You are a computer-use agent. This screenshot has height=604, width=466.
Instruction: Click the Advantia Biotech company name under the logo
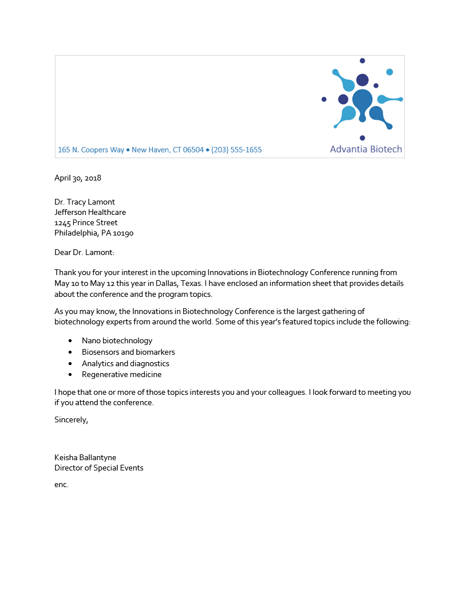(366, 149)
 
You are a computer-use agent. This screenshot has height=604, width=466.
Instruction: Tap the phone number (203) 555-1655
(236, 150)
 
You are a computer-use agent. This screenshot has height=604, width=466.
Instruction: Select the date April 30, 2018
(78, 178)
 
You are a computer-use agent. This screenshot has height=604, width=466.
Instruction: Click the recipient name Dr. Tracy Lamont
(85, 202)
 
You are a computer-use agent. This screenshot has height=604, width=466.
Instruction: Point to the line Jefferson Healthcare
(90, 212)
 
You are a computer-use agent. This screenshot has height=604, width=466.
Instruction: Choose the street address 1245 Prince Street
(86, 222)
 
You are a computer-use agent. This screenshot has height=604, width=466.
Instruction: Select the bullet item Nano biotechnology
(117, 340)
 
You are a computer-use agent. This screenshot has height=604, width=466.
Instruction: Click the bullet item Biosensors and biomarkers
(128, 352)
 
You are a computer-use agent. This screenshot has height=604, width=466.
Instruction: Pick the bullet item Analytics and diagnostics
(125, 363)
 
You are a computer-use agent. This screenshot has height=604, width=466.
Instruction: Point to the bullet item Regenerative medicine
(121, 375)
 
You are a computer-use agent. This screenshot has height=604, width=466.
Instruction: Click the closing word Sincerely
(71, 419)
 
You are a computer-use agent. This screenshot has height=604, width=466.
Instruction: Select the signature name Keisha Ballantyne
(85, 457)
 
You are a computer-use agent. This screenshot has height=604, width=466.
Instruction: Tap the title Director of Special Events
(99, 468)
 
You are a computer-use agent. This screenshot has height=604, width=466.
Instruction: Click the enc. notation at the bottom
(61, 485)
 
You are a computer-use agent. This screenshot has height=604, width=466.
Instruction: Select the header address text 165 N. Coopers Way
(91, 150)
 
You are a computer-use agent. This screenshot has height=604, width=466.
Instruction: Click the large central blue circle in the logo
(362, 99)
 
